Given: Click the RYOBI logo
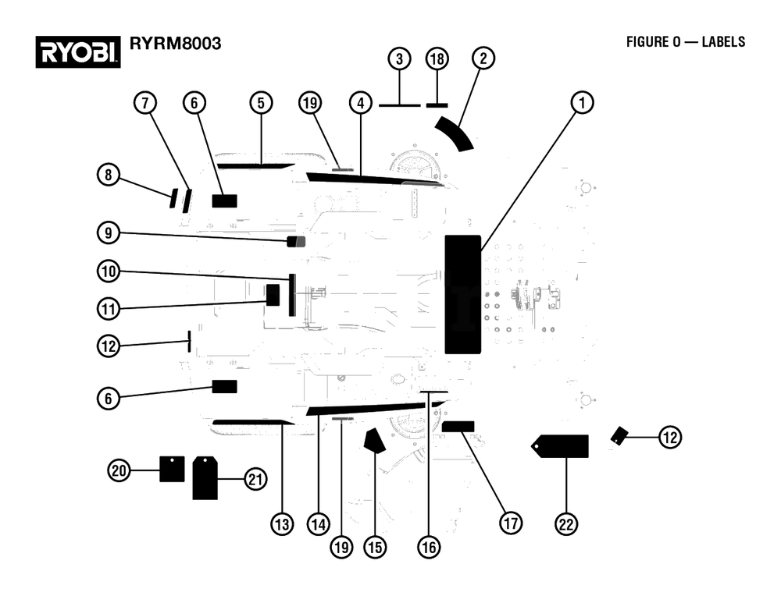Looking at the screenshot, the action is point(77,51).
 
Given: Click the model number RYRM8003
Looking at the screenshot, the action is point(175,44).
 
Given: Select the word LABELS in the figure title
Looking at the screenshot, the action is point(723,42).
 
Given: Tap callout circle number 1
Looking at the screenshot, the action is point(582,103).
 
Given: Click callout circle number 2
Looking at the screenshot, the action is point(483,59).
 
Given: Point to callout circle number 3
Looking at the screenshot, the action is point(399,59).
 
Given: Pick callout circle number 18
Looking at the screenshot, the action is point(437,59).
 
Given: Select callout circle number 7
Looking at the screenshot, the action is point(145,103).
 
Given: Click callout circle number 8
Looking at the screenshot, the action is point(109,176).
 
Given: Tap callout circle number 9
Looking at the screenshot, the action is point(109,232).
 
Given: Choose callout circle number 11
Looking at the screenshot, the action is point(109,309).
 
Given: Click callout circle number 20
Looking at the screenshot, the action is point(119,470).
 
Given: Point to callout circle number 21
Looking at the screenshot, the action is point(255,479).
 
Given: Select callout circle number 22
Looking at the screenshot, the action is point(566,524).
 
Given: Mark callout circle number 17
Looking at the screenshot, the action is point(511,523).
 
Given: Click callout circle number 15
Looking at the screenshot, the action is point(375,548).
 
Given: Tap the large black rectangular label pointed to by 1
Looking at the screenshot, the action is point(462,295).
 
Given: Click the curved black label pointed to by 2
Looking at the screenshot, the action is point(455,133).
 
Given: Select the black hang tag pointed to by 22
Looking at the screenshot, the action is point(560,445).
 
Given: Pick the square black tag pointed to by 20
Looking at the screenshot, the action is point(172,469).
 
